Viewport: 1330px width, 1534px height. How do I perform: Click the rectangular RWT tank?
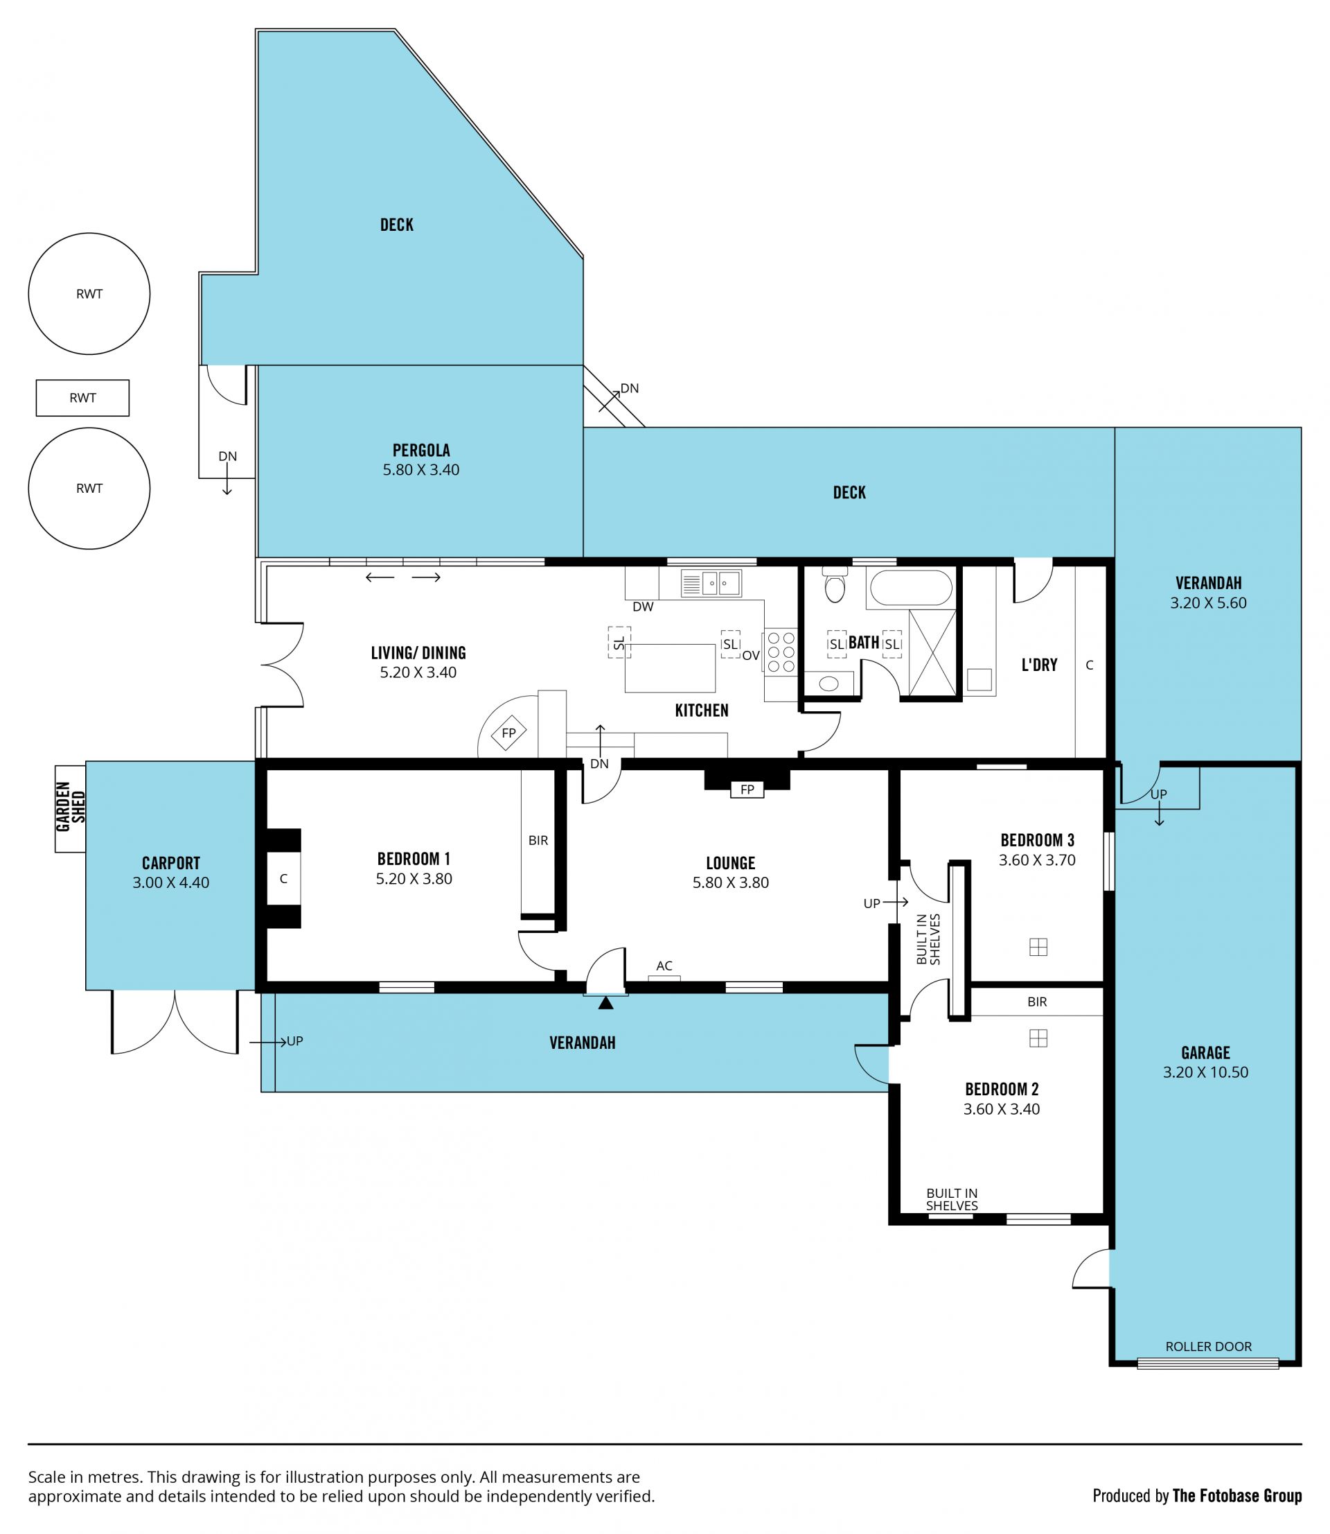pyautogui.click(x=82, y=398)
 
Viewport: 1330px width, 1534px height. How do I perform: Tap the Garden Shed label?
pyautogui.click(x=71, y=807)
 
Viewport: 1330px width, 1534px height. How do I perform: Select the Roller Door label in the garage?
pyautogui.click(x=1208, y=1346)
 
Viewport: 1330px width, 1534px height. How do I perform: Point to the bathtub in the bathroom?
pyautogui.click(x=911, y=588)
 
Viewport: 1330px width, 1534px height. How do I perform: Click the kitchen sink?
pyautogui.click(x=711, y=583)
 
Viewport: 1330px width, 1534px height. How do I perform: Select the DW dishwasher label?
pyautogui.click(x=643, y=607)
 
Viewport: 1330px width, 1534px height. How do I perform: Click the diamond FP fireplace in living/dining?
pyautogui.click(x=508, y=733)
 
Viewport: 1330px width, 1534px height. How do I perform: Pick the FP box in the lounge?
pyautogui.click(x=747, y=790)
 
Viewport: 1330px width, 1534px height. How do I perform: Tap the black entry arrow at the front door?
pyautogui.click(x=605, y=1003)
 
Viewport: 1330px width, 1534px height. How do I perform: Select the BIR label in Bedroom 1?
pyautogui.click(x=538, y=841)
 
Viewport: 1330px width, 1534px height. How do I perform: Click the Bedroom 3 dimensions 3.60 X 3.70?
pyautogui.click(x=1037, y=860)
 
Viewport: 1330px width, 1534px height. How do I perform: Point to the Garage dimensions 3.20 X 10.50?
pyautogui.click(x=1205, y=1072)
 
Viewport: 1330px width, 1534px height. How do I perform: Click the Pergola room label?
pyautogui.click(x=421, y=450)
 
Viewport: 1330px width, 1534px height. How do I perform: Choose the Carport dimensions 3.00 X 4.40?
pyautogui.click(x=170, y=883)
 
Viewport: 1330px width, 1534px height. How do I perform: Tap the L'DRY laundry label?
pyautogui.click(x=1039, y=665)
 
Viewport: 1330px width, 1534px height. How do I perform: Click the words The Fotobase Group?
pyautogui.click(x=1236, y=1495)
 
